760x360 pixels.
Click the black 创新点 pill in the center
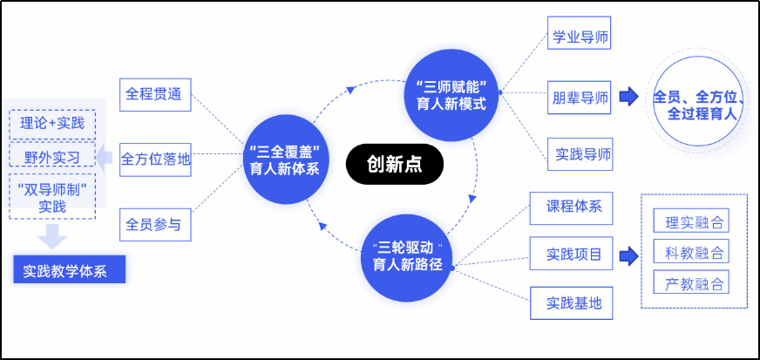tap(395, 164)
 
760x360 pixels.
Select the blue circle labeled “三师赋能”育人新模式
tap(451, 96)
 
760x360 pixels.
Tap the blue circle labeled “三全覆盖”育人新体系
tap(286, 160)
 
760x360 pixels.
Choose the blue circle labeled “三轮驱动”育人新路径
tap(408, 258)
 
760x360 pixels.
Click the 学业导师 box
tap(579, 33)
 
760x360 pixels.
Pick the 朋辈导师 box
tap(579, 98)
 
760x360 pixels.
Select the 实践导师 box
tap(580, 154)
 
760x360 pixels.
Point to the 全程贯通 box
tap(155, 95)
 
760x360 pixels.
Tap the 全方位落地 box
tap(155, 160)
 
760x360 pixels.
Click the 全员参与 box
tap(155, 224)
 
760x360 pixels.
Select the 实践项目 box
tap(571, 254)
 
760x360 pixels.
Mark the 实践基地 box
tap(571, 303)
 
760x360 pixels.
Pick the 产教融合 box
tap(691, 282)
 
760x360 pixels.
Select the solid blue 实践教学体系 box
tap(70, 269)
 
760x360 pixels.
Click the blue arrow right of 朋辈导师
tap(628, 97)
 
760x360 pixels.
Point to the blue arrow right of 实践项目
tap(628, 255)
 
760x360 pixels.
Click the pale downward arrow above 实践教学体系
tap(52, 236)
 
